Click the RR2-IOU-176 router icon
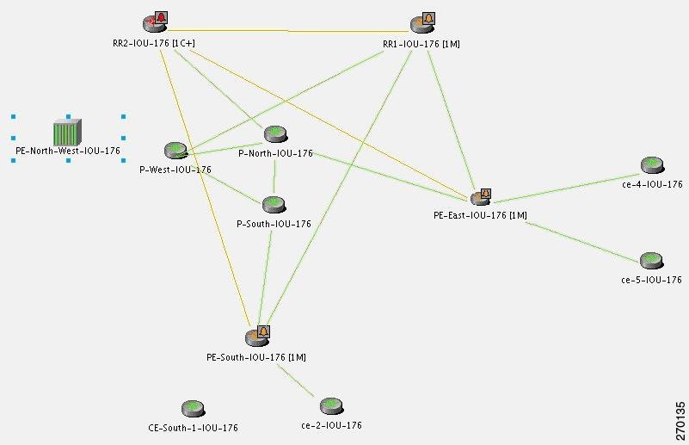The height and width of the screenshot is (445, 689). (x=152, y=25)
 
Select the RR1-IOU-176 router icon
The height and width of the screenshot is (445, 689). (x=420, y=25)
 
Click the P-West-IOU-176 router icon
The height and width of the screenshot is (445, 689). (x=176, y=151)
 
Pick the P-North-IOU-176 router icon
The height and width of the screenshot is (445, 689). (x=274, y=134)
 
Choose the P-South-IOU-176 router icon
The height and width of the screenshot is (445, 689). (x=274, y=205)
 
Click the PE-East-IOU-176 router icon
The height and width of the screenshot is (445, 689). (x=478, y=199)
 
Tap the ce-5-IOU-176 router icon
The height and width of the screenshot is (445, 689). (x=650, y=261)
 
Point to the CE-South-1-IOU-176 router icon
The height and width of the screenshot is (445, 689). (x=193, y=409)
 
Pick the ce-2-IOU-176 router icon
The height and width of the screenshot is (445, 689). (x=331, y=406)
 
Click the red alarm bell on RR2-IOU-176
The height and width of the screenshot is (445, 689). (x=161, y=17)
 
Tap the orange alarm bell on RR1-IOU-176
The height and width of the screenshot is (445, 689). (x=428, y=17)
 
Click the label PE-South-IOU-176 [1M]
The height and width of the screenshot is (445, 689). (x=256, y=356)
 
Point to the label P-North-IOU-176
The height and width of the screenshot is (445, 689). (x=275, y=153)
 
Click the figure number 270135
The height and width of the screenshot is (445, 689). (x=680, y=416)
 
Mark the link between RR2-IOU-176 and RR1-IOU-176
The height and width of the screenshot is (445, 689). (x=289, y=30)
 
